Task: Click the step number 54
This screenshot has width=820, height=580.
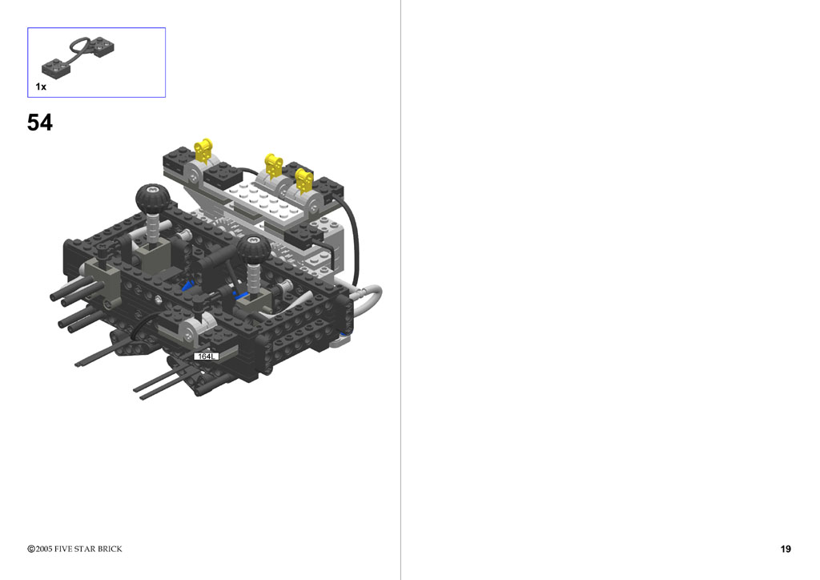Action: (x=40, y=123)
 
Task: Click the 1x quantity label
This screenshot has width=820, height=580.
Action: (x=41, y=87)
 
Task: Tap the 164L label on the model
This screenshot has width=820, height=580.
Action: (x=206, y=356)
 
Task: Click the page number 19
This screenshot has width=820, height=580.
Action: (x=786, y=549)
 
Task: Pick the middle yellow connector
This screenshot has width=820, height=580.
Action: (x=273, y=165)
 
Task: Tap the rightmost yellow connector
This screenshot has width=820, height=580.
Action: (x=303, y=180)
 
